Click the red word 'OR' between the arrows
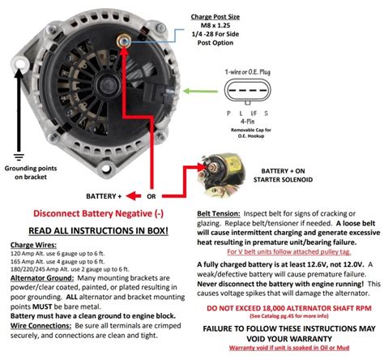pos(151,196)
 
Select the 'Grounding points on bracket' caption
pos(26,177)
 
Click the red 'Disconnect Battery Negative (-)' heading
pos(96,216)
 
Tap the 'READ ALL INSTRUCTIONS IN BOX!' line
pos(96,231)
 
